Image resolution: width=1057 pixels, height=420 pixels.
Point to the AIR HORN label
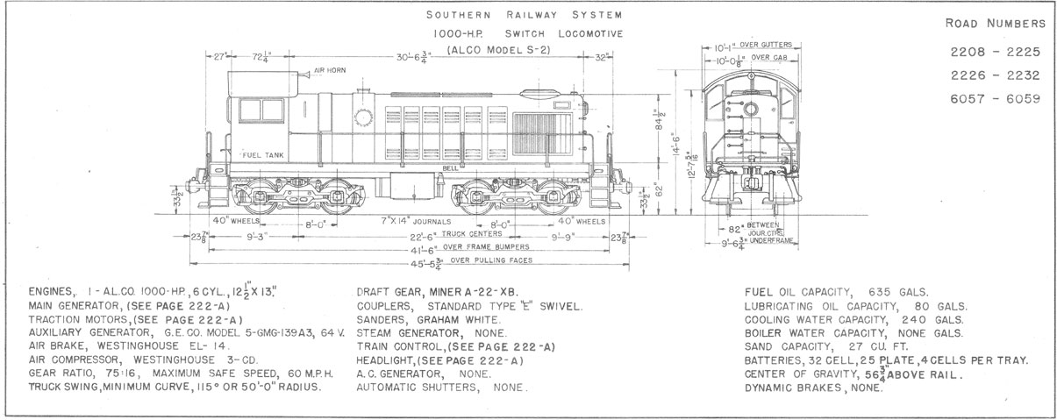(331, 70)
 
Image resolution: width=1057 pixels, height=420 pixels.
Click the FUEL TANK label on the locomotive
(263, 153)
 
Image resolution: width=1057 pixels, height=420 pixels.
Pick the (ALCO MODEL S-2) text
(498, 49)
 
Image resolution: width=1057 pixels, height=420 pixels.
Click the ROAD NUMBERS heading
(996, 23)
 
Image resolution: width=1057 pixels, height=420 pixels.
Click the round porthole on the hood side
(361, 119)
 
